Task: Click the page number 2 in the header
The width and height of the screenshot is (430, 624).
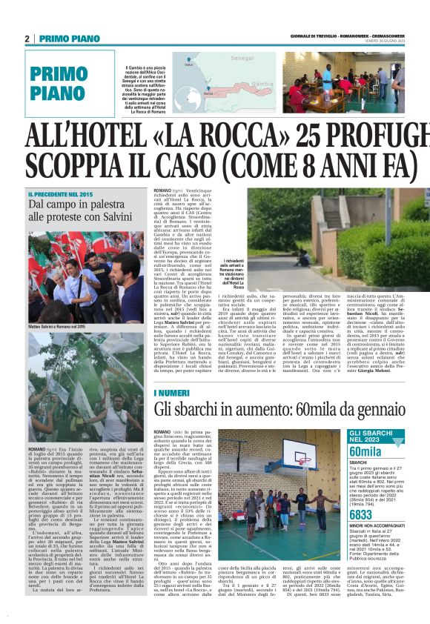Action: (x=27, y=39)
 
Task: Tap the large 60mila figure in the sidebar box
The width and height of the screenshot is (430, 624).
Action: (x=365, y=452)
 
